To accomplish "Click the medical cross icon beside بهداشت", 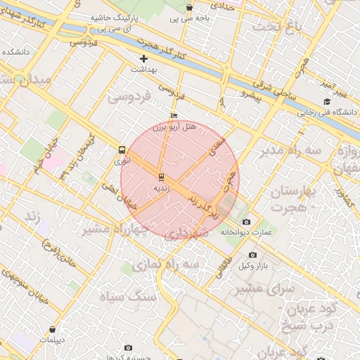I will (x=144, y=58).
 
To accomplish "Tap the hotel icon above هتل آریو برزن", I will (x=174, y=115).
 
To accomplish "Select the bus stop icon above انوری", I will (x=123, y=150).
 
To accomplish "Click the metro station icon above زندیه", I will (x=162, y=176).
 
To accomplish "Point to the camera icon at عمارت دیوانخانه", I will (x=246, y=222).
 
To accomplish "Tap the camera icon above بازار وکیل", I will (x=252, y=255).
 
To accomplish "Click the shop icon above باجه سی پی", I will (x=189, y=8).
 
